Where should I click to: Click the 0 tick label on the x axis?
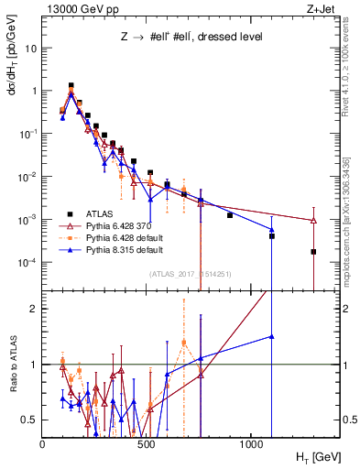tap(43, 444)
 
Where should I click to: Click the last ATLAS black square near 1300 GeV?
tap(313, 252)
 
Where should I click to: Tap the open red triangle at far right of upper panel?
tap(313, 221)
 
